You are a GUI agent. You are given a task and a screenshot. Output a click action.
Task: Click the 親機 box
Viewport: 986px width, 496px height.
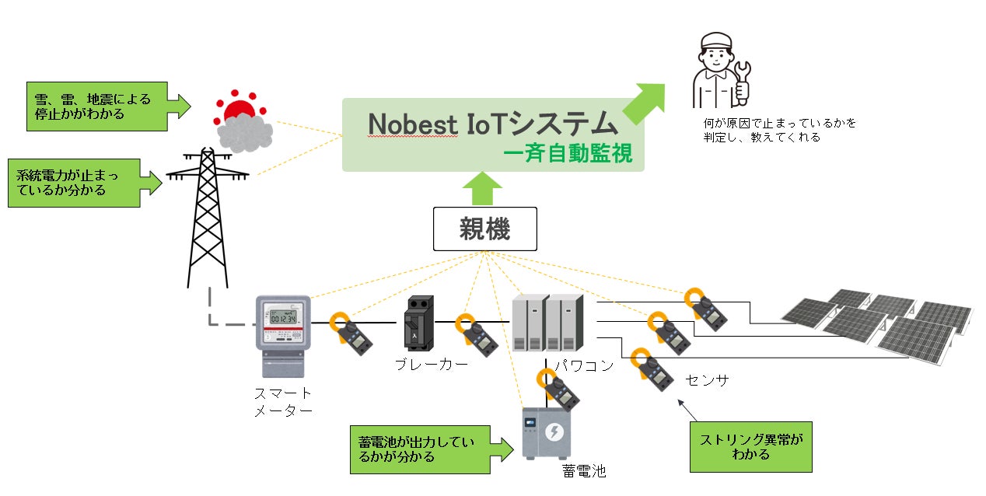click(x=484, y=229)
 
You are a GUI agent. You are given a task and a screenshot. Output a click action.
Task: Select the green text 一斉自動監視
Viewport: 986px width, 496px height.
click(x=568, y=154)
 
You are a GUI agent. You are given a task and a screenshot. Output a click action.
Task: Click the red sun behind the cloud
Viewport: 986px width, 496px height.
click(x=240, y=111)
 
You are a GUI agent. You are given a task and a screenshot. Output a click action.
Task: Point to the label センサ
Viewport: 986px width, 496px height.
click(x=707, y=380)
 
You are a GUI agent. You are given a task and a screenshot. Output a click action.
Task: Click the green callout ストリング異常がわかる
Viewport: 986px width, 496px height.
click(x=750, y=447)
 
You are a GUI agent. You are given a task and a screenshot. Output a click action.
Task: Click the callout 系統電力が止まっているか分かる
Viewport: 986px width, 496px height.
click(x=75, y=183)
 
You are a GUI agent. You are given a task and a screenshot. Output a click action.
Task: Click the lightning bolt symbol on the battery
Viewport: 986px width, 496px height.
click(x=554, y=431)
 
